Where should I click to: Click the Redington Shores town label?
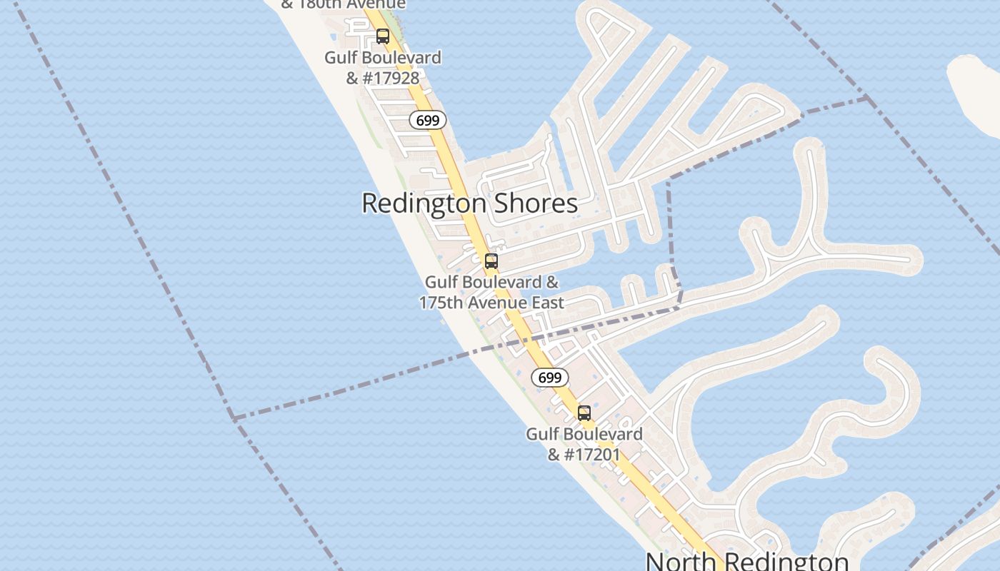click(469, 203)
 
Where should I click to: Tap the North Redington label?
click(747, 560)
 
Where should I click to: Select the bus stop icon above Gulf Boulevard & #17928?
click(383, 36)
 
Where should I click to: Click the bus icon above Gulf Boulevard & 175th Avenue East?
click(491, 261)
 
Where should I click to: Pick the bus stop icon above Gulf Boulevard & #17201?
click(584, 413)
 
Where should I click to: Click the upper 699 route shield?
click(428, 121)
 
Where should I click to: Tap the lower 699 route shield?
click(550, 378)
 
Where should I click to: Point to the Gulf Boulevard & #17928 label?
click(383, 68)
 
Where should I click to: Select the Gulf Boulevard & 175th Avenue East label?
click(491, 293)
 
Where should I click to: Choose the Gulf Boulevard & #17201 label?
click(584, 444)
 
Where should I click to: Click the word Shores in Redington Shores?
click(535, 203)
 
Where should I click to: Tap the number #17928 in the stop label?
click(391, 78)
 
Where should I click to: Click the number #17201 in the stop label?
click(593, 454)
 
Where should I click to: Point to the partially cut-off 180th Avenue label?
click(344, 4)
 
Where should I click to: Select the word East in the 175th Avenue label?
click(547, 303)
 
